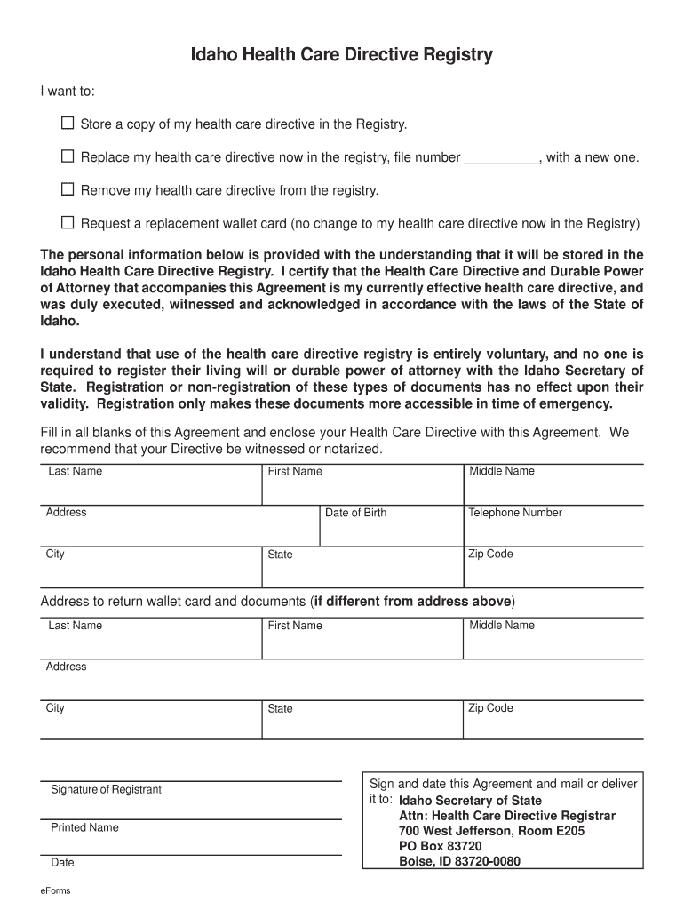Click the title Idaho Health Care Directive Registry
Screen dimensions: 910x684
(x=342, y=56)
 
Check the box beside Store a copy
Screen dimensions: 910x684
(x=68, y=123)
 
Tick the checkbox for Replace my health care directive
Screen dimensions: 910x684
(x=68, y=156)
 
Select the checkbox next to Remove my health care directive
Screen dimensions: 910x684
(x=68, y=189)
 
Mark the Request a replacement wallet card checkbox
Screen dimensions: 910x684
(x=68, y=222)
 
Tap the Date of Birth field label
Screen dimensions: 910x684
(x=355, y=513)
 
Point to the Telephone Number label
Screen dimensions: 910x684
(x=515, y=513)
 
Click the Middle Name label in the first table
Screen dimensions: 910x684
(x=502, y=471)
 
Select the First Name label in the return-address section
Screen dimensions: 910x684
(x=295, y=626)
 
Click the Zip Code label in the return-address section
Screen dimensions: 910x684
(x=491, y=708)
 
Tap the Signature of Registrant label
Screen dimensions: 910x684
(x=106, y=790)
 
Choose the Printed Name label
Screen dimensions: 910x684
(x=84, y=827)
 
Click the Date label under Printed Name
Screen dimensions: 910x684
(x=62, y=863)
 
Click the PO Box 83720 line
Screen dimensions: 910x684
(x=440, y=846)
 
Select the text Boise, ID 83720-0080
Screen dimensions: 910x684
(x=459, y=861)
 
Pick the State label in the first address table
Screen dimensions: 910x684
(x=280, y=555)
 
